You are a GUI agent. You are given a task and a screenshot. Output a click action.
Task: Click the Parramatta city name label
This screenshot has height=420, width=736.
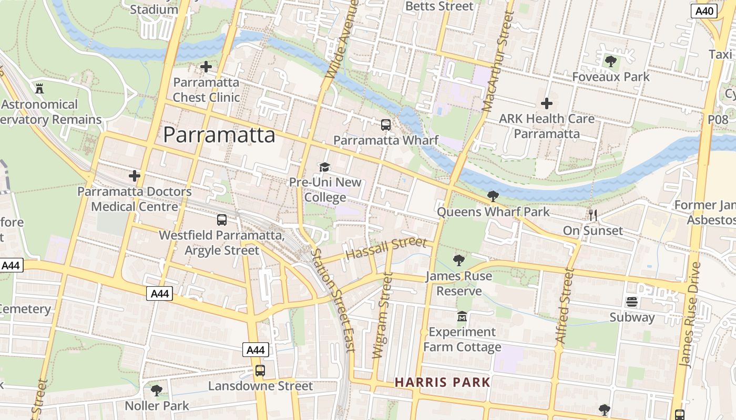pos(219,135)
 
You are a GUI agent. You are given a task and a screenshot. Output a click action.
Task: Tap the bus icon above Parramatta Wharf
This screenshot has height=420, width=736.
pos(386,125)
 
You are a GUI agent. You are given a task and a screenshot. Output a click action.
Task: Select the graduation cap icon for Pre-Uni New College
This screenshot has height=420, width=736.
pos(325,167)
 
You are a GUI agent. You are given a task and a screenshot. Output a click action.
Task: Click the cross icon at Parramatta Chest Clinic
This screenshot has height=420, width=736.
pos(206,67)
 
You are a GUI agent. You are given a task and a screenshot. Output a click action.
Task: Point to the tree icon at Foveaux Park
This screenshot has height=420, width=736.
pos(610,61)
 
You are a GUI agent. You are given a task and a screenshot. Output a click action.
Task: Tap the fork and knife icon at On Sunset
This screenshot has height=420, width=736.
pos(593,215)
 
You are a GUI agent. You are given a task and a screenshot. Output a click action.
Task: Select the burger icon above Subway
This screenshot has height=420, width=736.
pos(632,302)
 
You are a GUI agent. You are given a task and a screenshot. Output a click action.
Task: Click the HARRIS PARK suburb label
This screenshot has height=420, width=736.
pos(443,382)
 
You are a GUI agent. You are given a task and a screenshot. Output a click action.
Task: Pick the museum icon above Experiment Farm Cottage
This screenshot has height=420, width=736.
pos(462,317)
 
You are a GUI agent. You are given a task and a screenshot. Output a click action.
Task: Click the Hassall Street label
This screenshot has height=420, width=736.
pos(386,248)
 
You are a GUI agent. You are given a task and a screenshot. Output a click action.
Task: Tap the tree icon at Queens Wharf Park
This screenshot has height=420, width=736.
pos(493,196)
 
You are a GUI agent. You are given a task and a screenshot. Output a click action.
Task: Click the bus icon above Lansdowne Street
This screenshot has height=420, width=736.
pos(260,371)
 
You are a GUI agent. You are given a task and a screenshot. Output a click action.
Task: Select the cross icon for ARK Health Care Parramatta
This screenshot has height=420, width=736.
pos(547,103)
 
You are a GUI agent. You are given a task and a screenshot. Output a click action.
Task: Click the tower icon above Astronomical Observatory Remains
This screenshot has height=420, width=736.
pos(39,88)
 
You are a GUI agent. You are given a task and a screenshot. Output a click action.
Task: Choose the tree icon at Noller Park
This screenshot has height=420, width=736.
pos(156,390)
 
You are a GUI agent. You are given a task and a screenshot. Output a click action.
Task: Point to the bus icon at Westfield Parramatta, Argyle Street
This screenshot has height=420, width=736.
pos(222,220)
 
